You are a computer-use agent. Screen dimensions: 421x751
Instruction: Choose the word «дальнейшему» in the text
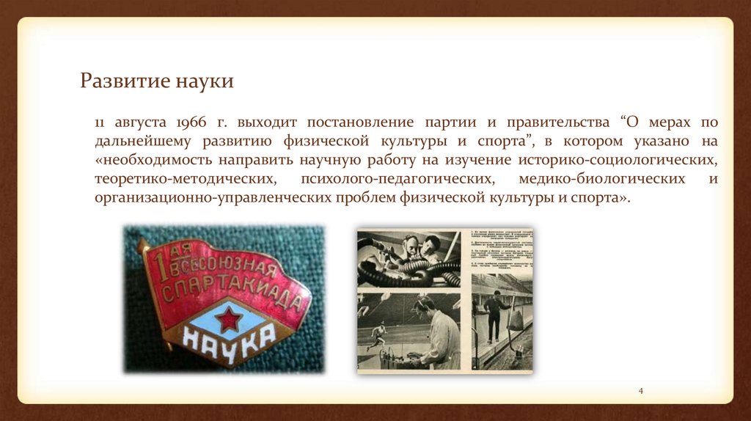[142, 141]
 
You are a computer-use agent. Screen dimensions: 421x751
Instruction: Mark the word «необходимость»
[154, 160]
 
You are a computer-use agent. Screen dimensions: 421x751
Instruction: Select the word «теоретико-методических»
[185, 179]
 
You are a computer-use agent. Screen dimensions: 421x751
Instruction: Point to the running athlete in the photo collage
[378, 334]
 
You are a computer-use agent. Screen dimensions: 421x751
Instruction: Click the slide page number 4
[640, 390]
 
